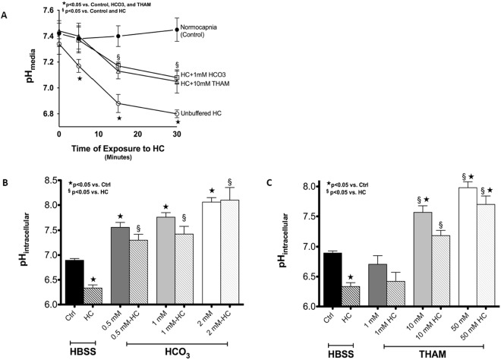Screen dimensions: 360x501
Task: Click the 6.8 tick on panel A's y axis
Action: click(46, 114)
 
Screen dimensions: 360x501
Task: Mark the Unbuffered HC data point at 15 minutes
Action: click(118, 103)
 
